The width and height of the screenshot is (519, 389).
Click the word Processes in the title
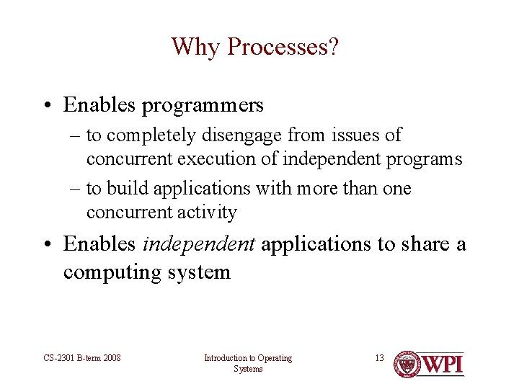283,46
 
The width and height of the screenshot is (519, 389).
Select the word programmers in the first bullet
203,106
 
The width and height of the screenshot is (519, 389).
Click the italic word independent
199,245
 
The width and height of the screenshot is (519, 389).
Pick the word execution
216,158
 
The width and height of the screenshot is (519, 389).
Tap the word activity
207,213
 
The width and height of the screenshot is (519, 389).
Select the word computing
112,274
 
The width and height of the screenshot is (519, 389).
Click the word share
425,243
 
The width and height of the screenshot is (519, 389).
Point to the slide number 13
379,358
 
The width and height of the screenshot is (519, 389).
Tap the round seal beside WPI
407,365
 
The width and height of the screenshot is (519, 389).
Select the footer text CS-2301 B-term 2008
81,358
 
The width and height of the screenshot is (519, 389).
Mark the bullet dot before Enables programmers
48,105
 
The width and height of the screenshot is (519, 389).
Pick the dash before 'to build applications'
75,189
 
